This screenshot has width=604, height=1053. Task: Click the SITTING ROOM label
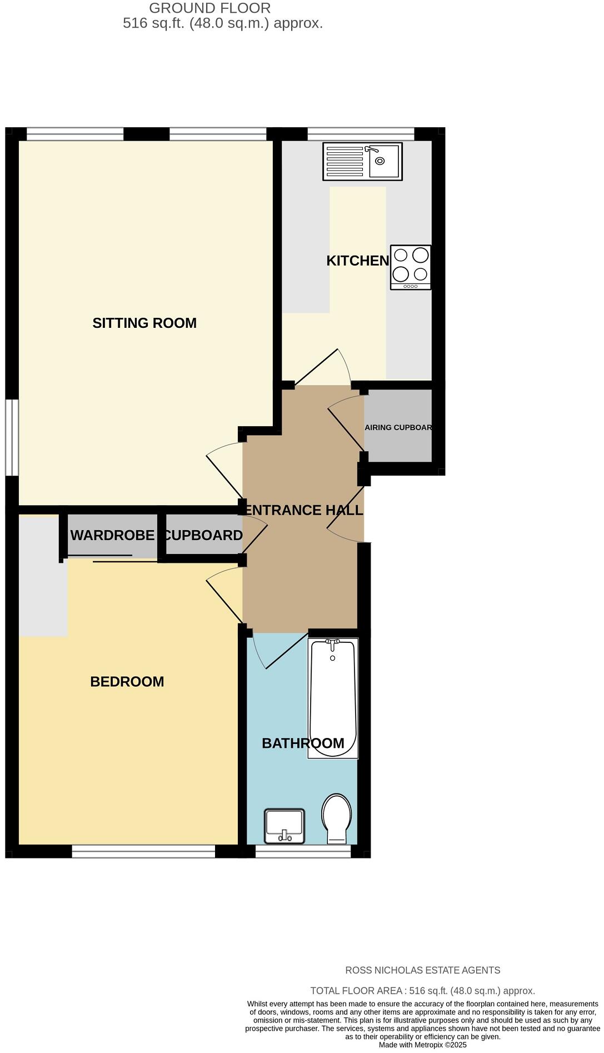pos(144,323)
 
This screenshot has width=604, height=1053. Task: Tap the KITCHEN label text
pos(357,261)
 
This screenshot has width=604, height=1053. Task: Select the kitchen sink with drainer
pos(362,162)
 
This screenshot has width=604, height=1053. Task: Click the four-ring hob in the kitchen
pos(411,267)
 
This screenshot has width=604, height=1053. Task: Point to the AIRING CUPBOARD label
pos(398,427)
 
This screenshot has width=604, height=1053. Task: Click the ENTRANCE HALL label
pos(304,510)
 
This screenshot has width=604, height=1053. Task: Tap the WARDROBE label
pos(112,535)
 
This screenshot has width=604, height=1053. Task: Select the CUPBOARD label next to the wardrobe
pos(203,535)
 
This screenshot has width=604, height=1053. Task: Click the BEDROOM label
pos(127,681)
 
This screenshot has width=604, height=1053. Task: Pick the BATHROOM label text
pos(303,743)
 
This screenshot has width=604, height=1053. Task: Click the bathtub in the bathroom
pos(333,698)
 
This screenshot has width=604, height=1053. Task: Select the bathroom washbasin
pos(284,825)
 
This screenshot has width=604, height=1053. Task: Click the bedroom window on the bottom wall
pos(143,851)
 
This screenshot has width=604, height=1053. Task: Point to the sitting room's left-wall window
pos(12,437)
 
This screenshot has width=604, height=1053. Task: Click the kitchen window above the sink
pos(361,134)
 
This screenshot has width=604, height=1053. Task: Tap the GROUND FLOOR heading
pos(210,8)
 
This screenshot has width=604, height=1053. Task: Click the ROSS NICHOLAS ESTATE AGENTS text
pos(422,970)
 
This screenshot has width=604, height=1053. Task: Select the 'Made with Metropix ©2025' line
pos(422,1045)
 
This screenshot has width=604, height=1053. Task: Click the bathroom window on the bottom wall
pos(303,851)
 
